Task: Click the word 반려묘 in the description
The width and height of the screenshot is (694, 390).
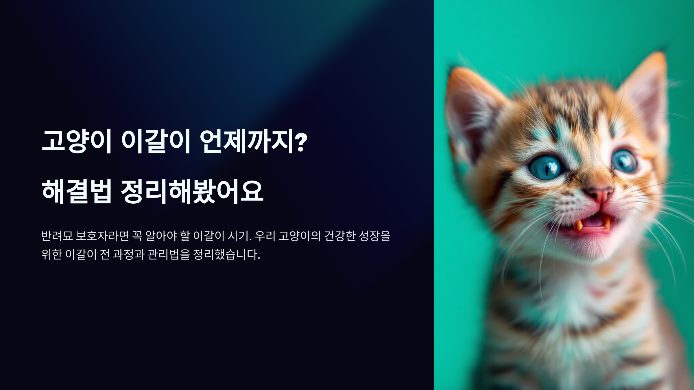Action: click(x=57, y=236)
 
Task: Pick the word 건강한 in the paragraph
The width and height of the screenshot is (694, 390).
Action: click(x=339, y=236)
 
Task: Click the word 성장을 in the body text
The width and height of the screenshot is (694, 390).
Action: click(x=374, y=236)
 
